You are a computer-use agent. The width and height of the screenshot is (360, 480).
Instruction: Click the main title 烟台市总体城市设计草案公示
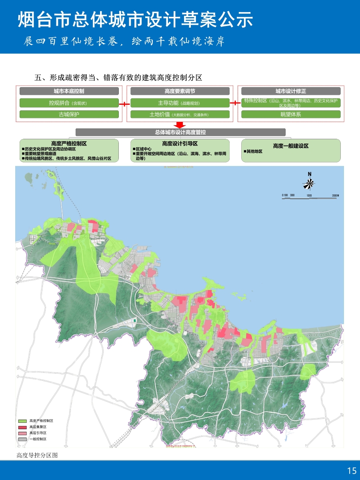coord(135,20)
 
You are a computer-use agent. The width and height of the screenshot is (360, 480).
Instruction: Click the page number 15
coord(352,471)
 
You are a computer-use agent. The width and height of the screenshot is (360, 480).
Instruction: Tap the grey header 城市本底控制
coord(69,91)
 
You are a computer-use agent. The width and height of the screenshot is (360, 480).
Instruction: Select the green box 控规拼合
coord(69,103)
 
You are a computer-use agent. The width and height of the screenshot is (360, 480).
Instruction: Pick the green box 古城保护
coord(69,114)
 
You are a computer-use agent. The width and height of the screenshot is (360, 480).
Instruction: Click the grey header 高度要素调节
coord(180,91)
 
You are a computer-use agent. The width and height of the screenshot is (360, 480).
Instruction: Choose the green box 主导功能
coord(180,103)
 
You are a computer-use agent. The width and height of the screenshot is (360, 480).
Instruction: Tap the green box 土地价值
coord(180,114)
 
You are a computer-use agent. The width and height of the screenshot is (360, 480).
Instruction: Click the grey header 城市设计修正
coord(290,91)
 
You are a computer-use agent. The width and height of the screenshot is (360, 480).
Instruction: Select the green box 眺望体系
coord(290,114)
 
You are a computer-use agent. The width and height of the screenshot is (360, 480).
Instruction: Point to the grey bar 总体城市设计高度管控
coord(180,132)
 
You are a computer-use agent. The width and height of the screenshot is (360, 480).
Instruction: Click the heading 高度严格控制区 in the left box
coord(69,143)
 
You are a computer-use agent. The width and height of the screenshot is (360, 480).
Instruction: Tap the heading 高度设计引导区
coord(180,143)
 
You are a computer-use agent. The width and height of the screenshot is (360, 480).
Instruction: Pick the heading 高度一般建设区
coord(291,146)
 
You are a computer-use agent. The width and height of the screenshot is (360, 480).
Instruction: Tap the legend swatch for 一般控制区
coord(22,439)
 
